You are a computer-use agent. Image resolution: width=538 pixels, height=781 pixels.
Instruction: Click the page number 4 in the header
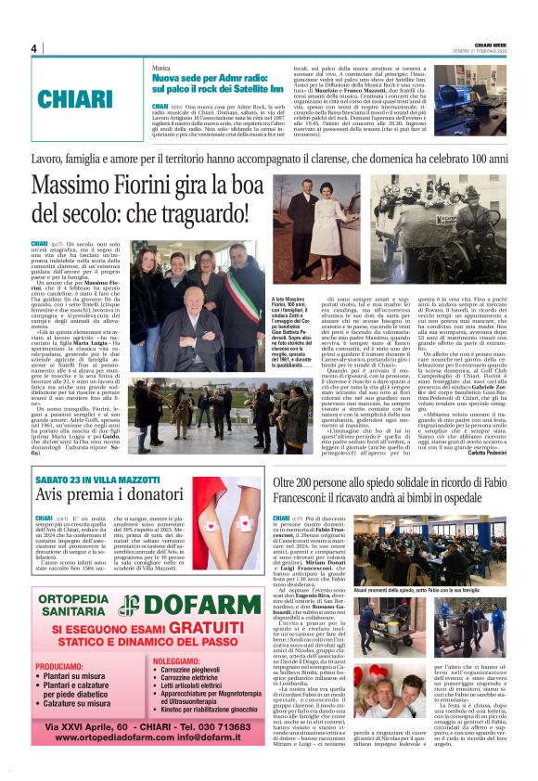pos(33,48)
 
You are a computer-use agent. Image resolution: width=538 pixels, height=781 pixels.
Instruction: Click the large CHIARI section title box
pos(76,98)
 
